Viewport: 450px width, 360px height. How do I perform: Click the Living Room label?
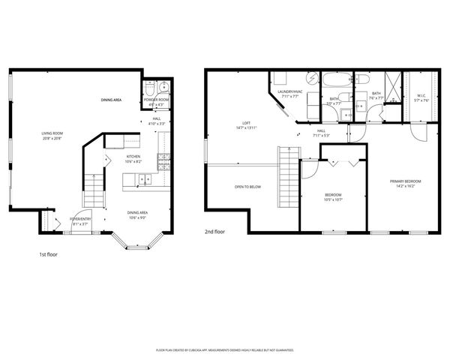(x=52, y=133)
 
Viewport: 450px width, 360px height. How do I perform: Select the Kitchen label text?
(x=112, y=158)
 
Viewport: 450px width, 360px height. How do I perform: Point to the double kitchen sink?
(x=143, y=178)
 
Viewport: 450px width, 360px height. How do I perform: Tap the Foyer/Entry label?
(x=79, y=219)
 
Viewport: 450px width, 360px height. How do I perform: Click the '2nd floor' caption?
(x=214, y=232)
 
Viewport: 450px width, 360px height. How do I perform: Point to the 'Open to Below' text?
(x=247, y=187)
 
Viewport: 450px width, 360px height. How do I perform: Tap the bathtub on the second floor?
(x=333, y=79)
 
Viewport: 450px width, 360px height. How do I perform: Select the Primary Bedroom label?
(x=405, y=181)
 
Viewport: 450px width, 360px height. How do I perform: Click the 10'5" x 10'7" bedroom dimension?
(x=333, y=199)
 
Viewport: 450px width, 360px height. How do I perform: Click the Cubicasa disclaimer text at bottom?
(x=224, y=349)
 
